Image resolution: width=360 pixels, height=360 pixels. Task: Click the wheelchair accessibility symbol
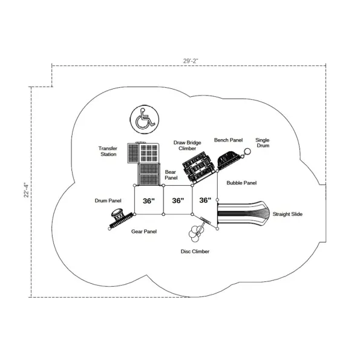pos(145,119)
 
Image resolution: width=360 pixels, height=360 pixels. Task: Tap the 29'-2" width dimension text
pos(191,61)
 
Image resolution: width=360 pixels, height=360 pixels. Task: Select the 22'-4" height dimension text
pos(26,190)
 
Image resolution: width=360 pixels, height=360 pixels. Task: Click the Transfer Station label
pos(108,151)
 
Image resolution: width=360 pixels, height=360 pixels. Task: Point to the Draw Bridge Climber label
pos(187,146)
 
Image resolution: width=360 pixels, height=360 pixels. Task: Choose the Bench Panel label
pos(229,140)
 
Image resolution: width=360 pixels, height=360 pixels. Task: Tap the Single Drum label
pos(263,143)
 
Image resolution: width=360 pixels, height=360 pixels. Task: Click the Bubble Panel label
pos(241,183)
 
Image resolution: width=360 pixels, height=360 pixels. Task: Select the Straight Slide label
pos(287,214)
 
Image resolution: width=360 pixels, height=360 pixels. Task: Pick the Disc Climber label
pos(195,252)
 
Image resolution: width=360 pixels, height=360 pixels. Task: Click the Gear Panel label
pos(144,231)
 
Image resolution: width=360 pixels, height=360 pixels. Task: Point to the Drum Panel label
pos(108,201)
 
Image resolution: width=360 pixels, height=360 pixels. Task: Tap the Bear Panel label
pos(171,175)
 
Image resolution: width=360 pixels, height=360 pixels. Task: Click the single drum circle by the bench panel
pos(247,151)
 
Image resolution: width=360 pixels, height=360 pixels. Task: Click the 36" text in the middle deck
pos(178,200)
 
